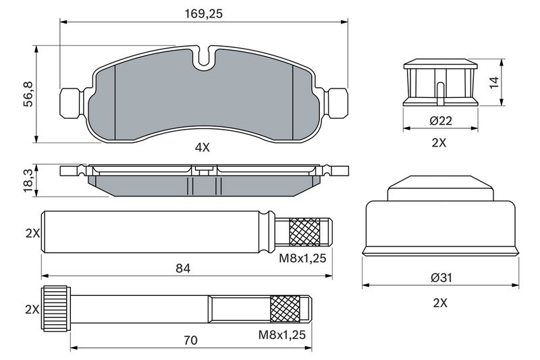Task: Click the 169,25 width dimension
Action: point(204,14)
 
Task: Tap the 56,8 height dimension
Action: point(28,94)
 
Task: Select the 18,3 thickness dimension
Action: point(28,181)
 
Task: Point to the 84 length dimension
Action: point(183,268)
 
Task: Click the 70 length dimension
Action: point(190,340)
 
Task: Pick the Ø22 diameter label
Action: point(441,121)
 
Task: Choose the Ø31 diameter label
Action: point(441,278)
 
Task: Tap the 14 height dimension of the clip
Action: point(494,82)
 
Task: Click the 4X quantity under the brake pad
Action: point(202,148)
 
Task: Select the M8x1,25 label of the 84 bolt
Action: point(302,258)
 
